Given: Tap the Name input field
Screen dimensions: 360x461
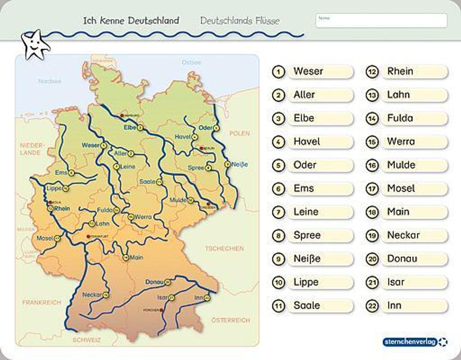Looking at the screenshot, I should click(x=381, y=21).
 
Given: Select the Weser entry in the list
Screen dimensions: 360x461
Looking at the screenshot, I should click(x=320, y=72).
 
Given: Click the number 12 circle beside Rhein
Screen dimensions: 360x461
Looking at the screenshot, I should click(x=372, y=72).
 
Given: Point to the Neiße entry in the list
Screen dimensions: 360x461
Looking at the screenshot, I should click(x=320, y=259).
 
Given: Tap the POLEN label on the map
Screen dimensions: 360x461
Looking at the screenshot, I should click(x=239, y=134).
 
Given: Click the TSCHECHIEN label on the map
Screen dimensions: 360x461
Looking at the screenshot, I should click(x=225, y=248).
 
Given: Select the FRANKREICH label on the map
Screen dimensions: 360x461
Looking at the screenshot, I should click(x=41, y=302).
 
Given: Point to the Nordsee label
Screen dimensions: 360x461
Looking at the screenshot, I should click(x=50, y=81).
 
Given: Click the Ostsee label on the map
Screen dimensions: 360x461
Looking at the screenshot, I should click(x=191, y=63).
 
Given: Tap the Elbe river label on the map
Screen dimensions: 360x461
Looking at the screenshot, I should click(x=130, y=128).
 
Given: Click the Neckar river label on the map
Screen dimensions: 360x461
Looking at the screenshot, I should click(x=92, y=295).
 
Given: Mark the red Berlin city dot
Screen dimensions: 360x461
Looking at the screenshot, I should click(x=201, y=148).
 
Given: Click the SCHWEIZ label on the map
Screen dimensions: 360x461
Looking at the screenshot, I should click(x=86, y=340).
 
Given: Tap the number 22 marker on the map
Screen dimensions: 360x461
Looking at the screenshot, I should click(x=207, y=298).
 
